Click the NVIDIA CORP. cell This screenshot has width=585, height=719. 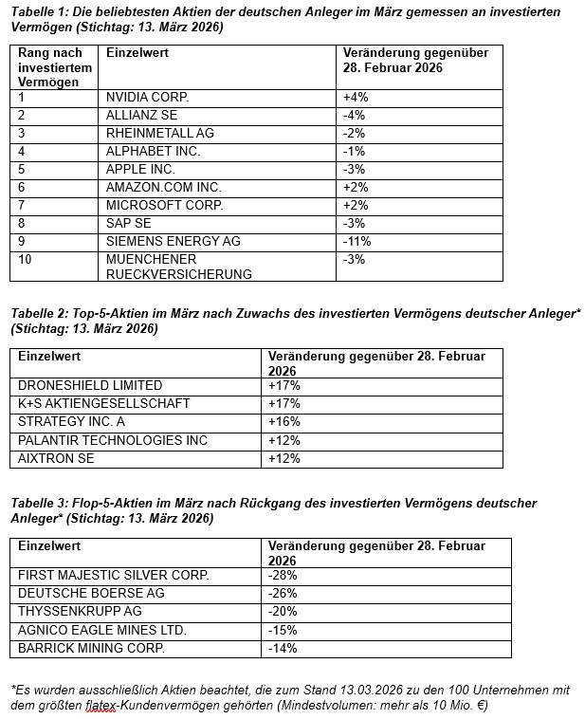pos(147,97)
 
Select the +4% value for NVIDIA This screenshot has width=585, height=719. pos(356,97)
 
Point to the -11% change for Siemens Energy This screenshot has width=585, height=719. pos(357,241)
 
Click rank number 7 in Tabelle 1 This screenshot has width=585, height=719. pos(22,205)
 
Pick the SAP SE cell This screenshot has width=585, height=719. pos(130,223)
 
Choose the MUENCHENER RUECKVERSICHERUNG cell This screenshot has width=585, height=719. pos(179,267)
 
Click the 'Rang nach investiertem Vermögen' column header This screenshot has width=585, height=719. pos(55,67)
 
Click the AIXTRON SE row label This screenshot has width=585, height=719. pos(57,458)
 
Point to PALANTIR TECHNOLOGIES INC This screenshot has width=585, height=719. pos(113,440)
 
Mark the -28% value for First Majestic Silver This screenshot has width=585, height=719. pos(283,575)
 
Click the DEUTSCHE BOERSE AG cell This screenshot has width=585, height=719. pos(91,593)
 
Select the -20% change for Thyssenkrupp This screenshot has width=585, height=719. pos(283,612)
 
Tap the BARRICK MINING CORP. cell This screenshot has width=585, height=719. pos(91,649)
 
